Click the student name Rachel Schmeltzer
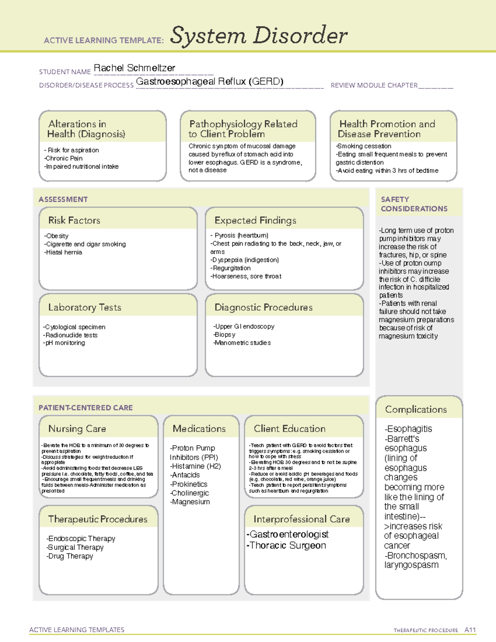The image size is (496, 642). tap(134, 68)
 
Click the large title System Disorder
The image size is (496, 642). tap(259, 36)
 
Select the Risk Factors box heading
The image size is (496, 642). tap(74, 220)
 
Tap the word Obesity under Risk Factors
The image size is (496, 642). tap(57, 236)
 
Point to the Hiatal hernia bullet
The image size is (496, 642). tap(64, 252)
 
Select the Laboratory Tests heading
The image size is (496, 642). tap(85, 307)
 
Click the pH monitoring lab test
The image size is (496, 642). tap(65, 343)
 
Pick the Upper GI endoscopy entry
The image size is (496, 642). tap(244, 327)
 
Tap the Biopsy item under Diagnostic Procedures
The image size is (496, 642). tap(225, 334)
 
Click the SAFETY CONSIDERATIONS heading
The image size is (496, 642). tap(414, 204)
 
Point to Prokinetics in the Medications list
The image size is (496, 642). tap(189, 484)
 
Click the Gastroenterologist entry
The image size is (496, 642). tap(288, 535)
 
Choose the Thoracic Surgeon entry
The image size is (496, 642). tap(287, 546)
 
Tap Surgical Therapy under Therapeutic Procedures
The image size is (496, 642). tap(75, 547)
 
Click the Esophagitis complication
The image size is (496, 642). tap(408, 429)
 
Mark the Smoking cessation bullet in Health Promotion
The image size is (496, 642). tap(364, 146)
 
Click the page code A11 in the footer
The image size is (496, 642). tap(470, 630)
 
